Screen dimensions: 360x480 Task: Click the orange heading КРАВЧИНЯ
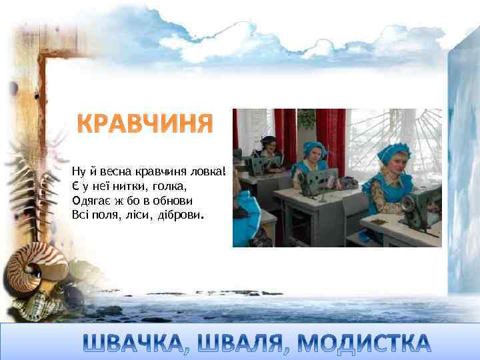145,123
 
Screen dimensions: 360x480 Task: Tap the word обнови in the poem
176,200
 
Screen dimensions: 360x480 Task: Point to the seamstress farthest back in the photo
268,146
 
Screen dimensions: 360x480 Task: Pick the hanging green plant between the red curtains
305,119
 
